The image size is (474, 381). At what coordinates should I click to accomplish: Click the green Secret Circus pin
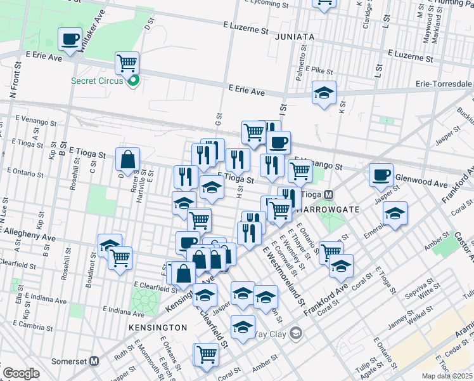click(133, 81)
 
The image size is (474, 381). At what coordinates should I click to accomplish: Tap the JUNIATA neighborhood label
click(295, 37)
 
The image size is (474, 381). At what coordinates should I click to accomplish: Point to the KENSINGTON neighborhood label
click(157, 328)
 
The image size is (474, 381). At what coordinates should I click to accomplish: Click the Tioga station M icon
click(328, 194)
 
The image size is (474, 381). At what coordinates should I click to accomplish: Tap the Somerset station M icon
click(94, 361)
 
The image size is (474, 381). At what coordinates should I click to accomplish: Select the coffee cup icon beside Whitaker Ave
click(69, 39)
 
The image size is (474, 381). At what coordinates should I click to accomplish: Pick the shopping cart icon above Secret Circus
click(127, 63)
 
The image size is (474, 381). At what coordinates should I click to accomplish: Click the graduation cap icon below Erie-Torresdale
click(324, 93)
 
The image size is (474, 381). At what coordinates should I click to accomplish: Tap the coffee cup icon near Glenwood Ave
click(381, 174)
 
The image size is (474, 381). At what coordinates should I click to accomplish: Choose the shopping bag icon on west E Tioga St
click(127, 161)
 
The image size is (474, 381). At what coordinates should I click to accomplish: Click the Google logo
click(21, 373)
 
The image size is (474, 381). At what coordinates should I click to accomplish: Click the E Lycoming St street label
click(262, 4)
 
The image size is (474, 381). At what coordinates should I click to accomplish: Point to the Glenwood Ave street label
click(421, 183)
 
